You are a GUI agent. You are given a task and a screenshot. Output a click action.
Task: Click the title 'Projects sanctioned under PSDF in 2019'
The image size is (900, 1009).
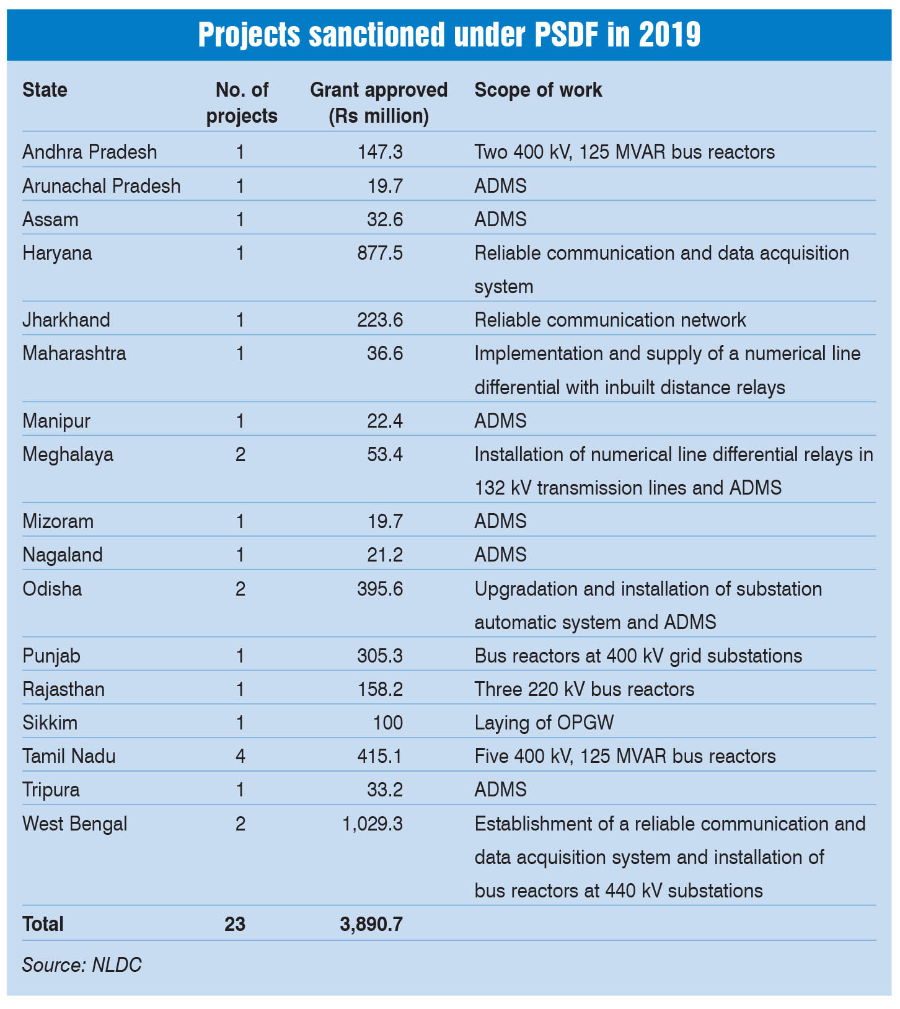click(x=449, y=35)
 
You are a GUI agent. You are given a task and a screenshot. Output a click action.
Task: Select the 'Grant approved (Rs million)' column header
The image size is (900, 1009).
click(x=379, y=103)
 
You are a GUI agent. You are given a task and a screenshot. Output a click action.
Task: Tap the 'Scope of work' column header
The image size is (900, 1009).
click(x=538, y=90)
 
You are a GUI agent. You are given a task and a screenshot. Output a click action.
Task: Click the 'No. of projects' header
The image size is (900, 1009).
click(x=242, y=103)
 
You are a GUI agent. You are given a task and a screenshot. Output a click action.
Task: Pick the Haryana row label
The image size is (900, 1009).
click(x=57, y=253)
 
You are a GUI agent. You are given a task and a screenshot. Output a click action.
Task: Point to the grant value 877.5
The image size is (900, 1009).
click(x=380, y=253)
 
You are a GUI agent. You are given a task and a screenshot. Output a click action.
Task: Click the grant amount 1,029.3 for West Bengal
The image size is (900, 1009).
click(x=373, y=824)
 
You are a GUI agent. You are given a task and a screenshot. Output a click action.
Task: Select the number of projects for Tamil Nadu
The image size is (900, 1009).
click(x=240, y=756)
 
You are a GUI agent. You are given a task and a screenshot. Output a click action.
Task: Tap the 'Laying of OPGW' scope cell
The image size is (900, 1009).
click(x=544, y=723)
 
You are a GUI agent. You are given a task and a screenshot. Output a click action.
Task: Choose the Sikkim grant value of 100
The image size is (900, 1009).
click(x=387, y=723)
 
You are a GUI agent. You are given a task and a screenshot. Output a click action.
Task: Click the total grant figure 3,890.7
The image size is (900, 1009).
click(x=371, y=924)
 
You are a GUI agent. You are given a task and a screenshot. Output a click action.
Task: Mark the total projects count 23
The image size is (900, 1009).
click(x=235, y=924)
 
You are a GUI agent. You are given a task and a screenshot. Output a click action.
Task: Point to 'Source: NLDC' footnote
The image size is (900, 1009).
click(x=82, y=965)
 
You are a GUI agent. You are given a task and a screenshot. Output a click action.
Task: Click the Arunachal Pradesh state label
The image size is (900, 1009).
click(x=102, y=186)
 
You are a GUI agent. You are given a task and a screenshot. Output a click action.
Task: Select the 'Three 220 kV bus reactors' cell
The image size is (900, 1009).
click(x=584, y=689)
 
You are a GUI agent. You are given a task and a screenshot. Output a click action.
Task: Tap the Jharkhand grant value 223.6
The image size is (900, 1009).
click(x=380, y=320)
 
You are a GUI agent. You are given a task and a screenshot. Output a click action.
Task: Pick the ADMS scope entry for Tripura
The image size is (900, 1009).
click(x=500, y=790)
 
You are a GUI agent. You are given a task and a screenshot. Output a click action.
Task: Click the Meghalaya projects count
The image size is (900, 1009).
click(x=240, y=454)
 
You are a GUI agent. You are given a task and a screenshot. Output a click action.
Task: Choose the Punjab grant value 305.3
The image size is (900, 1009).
click(x=380, y=656)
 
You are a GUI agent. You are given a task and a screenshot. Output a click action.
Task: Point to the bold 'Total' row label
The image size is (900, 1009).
click(x=43, y=924)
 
